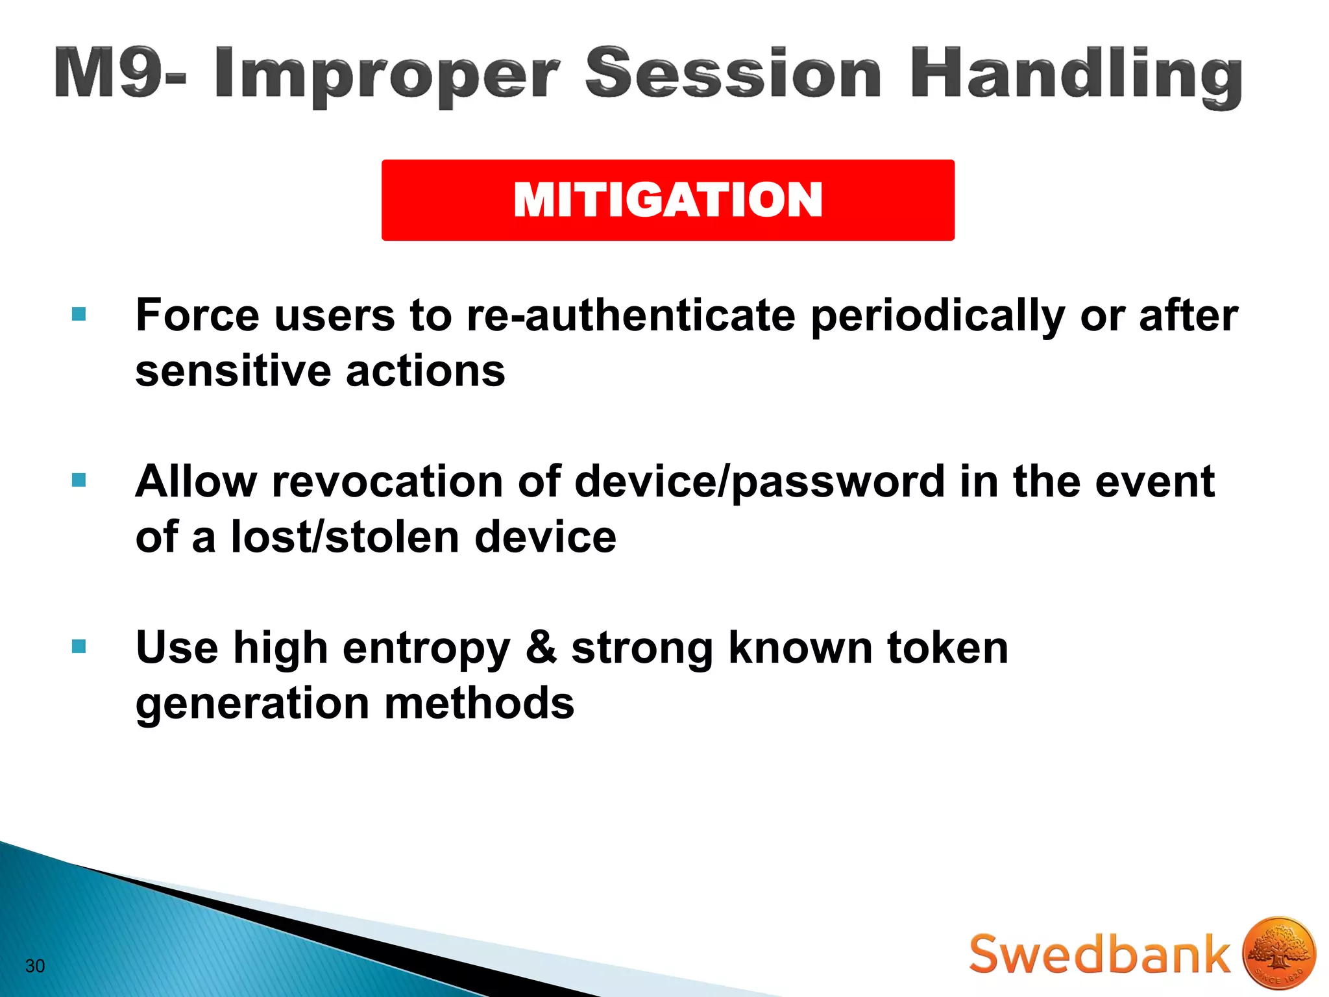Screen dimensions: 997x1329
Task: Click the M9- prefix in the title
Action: point(120,73)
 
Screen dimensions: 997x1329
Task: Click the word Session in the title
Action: point(733,73)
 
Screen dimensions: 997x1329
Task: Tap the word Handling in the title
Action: point(1076,77)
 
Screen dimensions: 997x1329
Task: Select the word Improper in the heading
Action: point(387,77)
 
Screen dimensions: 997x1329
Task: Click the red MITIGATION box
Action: point(668,200)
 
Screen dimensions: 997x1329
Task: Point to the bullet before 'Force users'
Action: point(79,315)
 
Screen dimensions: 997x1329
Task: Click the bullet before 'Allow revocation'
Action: point(79,480)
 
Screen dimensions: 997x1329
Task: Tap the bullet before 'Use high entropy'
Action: point(79,646)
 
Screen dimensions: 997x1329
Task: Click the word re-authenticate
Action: point(631,315)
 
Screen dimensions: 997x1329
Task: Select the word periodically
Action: point(938,317)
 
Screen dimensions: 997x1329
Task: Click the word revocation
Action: point(387,482)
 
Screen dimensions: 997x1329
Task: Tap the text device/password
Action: point(759,483)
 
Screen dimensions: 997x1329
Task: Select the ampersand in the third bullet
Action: point(541,648)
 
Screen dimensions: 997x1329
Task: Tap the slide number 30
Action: point(35,966)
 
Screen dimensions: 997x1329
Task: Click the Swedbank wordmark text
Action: point(1099,954)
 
